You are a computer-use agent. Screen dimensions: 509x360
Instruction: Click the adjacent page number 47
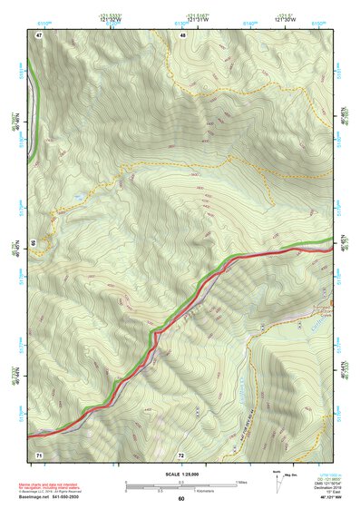(39, 34)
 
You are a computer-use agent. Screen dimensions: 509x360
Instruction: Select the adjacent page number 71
(39, 453)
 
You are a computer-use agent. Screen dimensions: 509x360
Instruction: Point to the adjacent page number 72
(181, 453)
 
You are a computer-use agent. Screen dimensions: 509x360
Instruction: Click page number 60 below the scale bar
(181, 498)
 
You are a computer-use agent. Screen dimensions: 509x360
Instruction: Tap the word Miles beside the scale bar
(241, 482)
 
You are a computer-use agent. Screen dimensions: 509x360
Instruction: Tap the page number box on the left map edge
(33, 243)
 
